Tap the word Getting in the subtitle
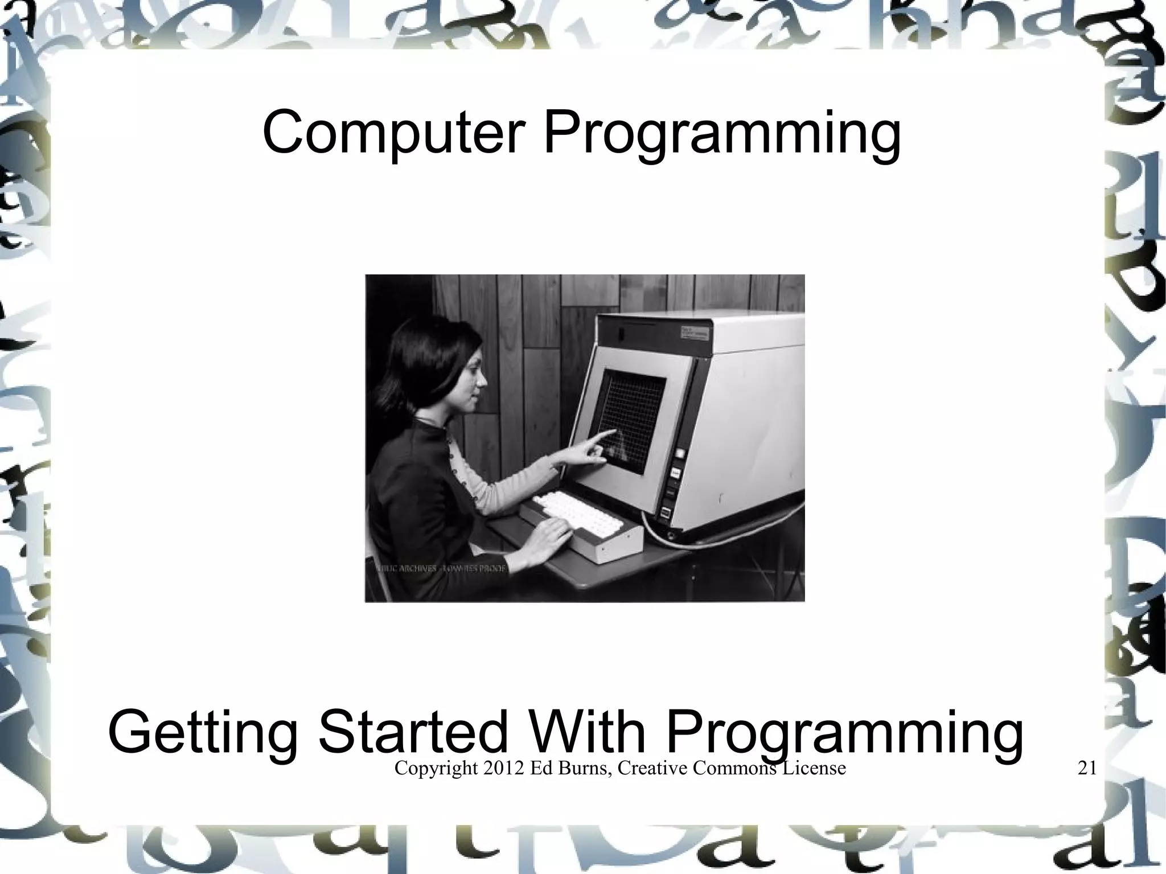(202, 733)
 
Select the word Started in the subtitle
(412, 732)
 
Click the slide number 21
(1087, 769)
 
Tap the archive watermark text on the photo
(441, 569)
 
